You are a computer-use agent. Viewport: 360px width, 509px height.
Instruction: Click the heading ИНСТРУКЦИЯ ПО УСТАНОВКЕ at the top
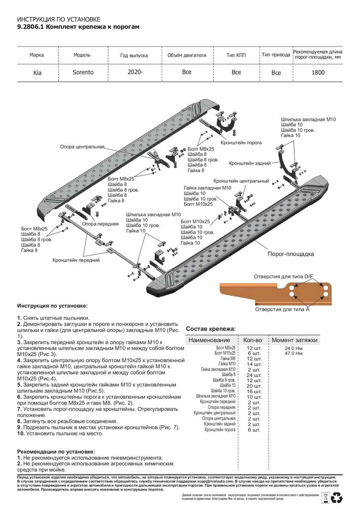click(59, 20)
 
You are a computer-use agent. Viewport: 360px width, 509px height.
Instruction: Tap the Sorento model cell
click(83, 72)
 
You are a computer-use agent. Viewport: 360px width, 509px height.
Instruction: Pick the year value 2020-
click(135, 72)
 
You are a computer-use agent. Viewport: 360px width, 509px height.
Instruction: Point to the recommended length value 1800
click(318, 72)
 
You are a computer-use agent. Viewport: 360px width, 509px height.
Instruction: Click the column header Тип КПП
click(236, 55)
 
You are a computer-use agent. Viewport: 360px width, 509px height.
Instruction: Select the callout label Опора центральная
click(82, 147)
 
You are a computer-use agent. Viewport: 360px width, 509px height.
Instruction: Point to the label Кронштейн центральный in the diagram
click(241, 181)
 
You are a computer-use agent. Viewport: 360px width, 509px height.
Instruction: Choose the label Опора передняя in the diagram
click(100, 224)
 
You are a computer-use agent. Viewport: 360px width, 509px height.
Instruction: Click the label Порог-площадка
click(290, 254)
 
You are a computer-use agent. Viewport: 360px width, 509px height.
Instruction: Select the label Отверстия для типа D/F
click(283, 277)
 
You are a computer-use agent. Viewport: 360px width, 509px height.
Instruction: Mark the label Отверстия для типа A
click(282, 310)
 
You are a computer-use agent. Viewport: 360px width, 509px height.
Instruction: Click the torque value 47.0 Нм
click(293, 353)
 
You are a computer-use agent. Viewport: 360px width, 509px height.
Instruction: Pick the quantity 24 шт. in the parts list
click(254, 375)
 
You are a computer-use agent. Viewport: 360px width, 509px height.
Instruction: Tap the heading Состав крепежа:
click(211, 329)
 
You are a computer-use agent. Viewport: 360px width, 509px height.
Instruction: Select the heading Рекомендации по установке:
click(56, 452)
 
